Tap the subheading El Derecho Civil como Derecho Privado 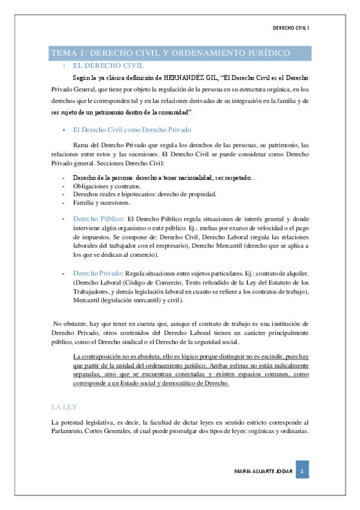pyautogui.click(x=133, y=129)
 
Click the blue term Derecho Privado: pyautogui.click(x=98, y=274)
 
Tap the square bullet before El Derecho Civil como pyautogui.click(x=63, y=130)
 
